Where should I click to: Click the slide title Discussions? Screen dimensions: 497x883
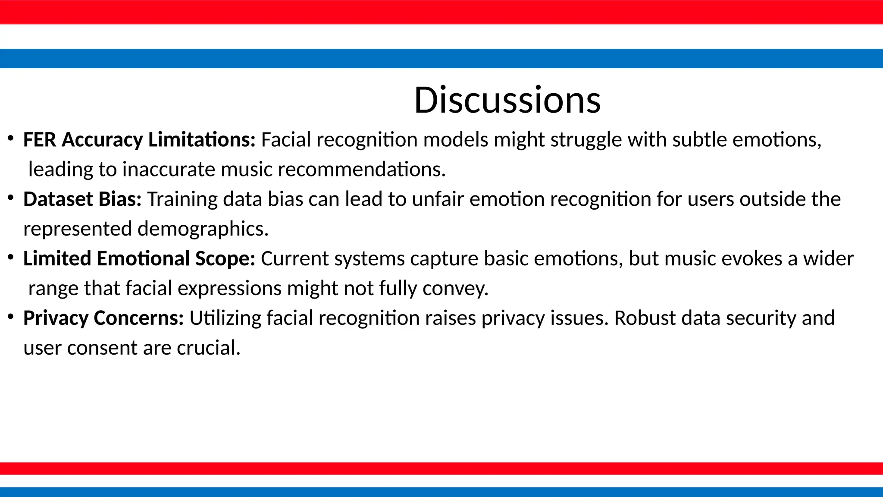(x=507, y=100)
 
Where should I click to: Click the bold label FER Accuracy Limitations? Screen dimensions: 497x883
(x=139, y=140)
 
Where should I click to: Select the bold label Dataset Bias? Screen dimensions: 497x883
(x=82, y=199)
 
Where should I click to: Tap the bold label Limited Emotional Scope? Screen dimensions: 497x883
(x=139, y=259)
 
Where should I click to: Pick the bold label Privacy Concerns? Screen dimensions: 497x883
(x=103, y=318)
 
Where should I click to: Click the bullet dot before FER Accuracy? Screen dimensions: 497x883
(x=11, y=139)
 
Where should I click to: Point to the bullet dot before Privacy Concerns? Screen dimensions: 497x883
(x=11, y=317)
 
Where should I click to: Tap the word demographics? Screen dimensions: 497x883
(x=203, y=229)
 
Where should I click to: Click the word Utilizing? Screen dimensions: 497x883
(x=225, y=318)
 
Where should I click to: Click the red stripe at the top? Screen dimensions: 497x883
(x=441, y=12)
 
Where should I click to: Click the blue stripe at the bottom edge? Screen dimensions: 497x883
(x=441, y=492)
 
